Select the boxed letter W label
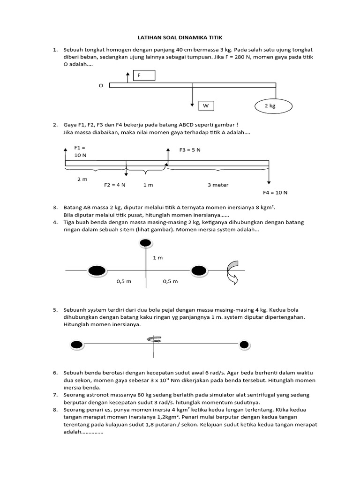206,106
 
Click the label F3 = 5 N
190,150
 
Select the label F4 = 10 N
275,193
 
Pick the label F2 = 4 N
114,185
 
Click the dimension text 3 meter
218,185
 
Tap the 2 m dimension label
82,179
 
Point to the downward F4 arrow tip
269,182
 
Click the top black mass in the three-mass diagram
146,243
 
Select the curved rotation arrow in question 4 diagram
232,273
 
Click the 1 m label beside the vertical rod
157,258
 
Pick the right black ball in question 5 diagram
244,345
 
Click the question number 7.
55,395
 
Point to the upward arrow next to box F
127,78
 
